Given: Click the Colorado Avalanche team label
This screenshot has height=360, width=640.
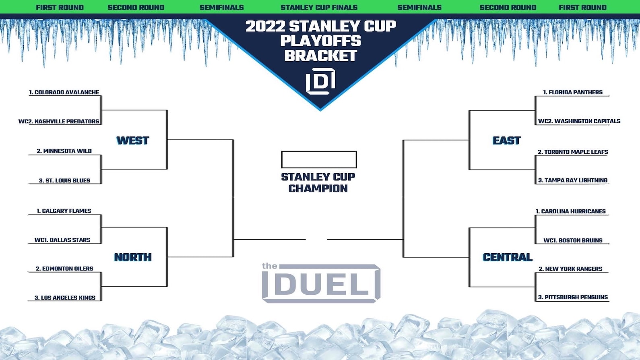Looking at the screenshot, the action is tap(64, 92).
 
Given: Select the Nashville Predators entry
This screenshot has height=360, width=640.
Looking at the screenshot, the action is tap(59, 121).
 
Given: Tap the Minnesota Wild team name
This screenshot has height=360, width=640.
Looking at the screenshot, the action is tap(64, 151).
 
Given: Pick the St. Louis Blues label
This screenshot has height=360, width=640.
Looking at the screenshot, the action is tap(64, 180).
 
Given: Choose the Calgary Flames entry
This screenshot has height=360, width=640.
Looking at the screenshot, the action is tap(64, 211).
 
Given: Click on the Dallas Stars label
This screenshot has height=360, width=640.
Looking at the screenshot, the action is tap(62, 240).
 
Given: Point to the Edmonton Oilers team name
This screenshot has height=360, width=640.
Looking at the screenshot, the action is tap(64, 269).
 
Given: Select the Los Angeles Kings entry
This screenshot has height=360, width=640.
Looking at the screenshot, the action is tap(65, 298).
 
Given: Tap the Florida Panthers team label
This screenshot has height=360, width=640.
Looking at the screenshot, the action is tap(572, 92).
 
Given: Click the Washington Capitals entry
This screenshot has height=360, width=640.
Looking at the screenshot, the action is tap(579, 121).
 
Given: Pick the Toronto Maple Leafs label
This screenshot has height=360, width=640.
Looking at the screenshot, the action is tap(572, 152).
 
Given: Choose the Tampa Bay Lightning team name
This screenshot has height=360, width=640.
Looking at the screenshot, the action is tap(572, 180).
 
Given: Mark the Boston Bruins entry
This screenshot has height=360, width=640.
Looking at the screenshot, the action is tap(573, 240).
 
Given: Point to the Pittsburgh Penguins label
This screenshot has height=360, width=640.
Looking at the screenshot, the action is tap(573, 297).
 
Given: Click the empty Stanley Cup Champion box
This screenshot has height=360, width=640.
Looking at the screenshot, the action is tap(319, 151).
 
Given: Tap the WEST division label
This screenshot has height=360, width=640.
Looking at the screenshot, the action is tap(132, 141).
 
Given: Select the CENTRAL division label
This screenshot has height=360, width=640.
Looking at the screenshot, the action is tap(508, 257).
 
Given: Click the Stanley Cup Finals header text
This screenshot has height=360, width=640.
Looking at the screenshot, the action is tap(319, 7).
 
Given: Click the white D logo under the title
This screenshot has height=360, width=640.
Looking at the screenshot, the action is tap(320, 81).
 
